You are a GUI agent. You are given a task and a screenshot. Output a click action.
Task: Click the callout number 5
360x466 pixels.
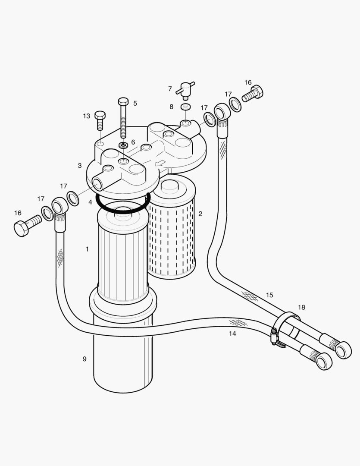click(135, 103)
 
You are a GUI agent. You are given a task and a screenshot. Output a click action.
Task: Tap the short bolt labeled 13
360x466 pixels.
click(100, 120)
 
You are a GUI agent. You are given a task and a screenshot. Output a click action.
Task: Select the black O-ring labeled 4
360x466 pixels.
click(123, 203)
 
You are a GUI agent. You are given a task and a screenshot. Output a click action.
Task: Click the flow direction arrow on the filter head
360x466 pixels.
click(160, 163)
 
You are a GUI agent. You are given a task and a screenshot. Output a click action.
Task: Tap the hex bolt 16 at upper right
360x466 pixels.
click(253, 94)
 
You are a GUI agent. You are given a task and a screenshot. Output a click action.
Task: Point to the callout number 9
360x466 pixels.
click(85, 359)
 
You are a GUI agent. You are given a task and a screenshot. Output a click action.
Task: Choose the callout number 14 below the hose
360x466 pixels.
click(232, 333)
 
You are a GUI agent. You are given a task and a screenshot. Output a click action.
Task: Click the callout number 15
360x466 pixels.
click(269, 295)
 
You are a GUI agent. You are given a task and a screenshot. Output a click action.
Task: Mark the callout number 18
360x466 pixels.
click(301, 307)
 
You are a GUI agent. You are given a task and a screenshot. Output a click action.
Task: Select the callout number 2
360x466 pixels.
click(200, 214)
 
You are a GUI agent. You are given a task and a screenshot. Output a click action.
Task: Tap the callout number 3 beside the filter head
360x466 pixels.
click(80, 165)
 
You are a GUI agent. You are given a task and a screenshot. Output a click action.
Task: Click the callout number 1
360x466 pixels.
click(87, 249)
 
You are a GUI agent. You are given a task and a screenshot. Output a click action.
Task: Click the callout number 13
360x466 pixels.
click(87, 116)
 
